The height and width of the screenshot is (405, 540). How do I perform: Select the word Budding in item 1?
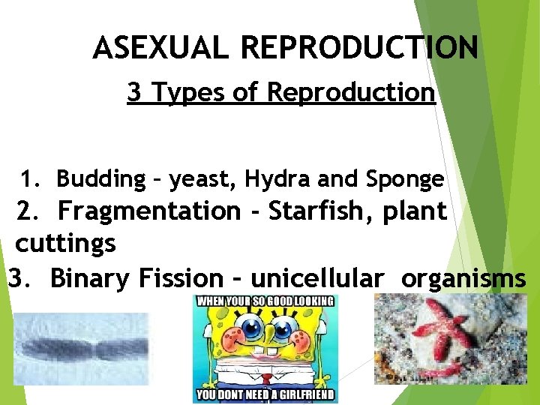100,179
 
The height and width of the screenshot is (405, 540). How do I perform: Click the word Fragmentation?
149,211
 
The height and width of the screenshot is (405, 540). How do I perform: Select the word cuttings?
66,244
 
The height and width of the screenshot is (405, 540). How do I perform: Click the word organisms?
463,278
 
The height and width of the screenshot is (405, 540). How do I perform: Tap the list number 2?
28,211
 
